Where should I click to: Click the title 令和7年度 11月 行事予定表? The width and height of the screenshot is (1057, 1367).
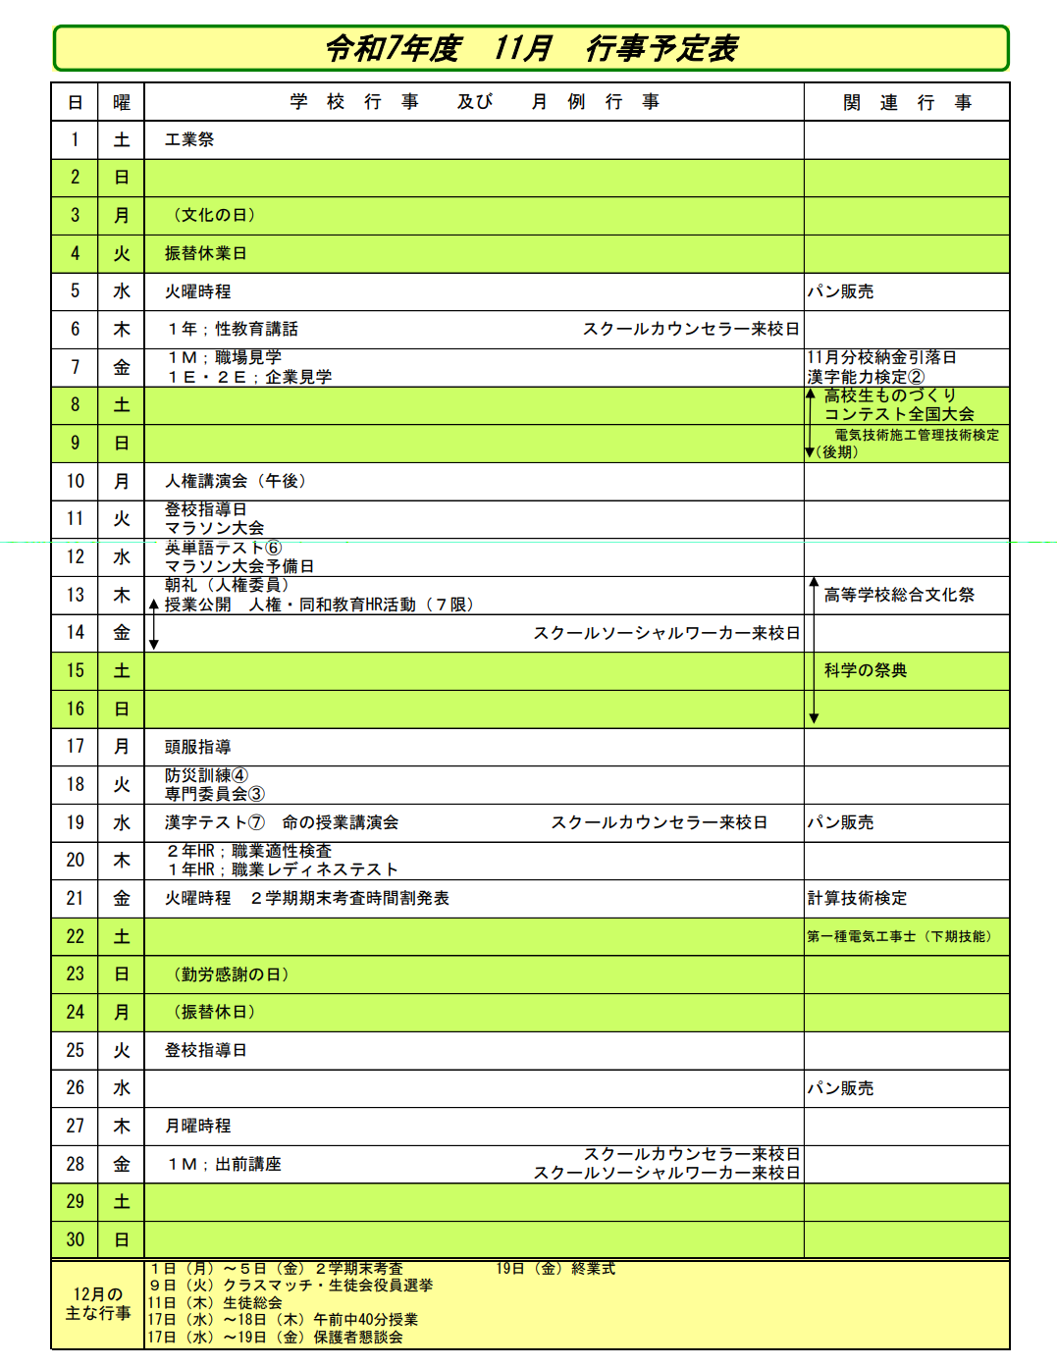click(531, 48)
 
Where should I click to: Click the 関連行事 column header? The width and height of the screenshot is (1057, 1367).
click(907, 102)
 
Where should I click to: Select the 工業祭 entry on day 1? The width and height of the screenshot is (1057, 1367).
click(189, 139)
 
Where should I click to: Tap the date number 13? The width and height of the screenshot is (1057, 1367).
click(75, 595)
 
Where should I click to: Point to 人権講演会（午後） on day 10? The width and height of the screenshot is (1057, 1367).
click(236, 481)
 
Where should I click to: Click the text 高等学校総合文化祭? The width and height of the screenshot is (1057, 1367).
click(899, 595)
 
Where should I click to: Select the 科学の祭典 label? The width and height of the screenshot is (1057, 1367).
click(866, 670)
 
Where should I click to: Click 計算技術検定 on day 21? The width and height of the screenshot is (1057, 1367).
click(857, 898)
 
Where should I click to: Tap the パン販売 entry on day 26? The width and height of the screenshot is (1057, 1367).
click(840, 1088)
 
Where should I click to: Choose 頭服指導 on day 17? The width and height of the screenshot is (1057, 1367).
click(198, 747)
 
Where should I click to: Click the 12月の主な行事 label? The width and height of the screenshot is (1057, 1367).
click(98, 1303)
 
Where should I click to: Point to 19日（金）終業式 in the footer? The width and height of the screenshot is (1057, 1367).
click(555, 1269)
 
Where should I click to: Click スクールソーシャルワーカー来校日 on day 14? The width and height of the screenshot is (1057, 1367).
click(666, 633)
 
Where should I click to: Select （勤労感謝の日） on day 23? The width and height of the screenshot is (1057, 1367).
click(231, 974)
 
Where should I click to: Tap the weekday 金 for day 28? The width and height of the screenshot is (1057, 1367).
click(122, 1164)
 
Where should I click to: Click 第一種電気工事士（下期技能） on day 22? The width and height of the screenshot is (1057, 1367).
click(899, 936)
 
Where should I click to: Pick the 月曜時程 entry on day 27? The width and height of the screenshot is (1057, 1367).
click(198, 1126)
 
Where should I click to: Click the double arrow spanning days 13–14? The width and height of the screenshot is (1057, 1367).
click(154, 623)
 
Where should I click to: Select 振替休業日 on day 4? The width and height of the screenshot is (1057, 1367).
click(206, 253)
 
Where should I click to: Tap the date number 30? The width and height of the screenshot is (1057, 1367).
click(75, 1239)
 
